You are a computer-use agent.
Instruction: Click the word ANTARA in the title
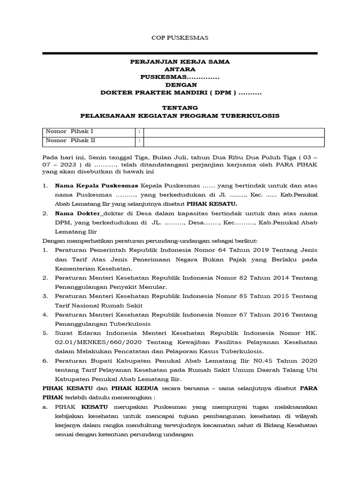click(x=180, y=69)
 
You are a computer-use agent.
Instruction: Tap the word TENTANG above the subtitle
click(x=180, y=107)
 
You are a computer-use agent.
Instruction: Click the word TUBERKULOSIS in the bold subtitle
click(x=253, y=115)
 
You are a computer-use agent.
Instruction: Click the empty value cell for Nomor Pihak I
click(x=233, y=131)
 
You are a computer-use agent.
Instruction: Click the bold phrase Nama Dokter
click(x=75, y=214)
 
